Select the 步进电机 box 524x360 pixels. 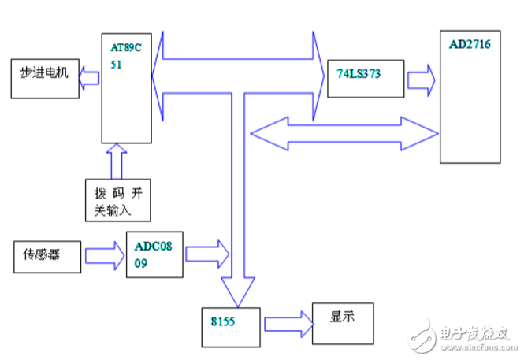click(x=46, y=77)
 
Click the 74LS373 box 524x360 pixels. click(x=365, y=77)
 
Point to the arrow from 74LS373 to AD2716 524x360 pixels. click(x=421, y=79)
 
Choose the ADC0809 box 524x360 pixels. click(x=155, y=254)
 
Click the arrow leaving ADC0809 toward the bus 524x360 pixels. click(x=206, y=254)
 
